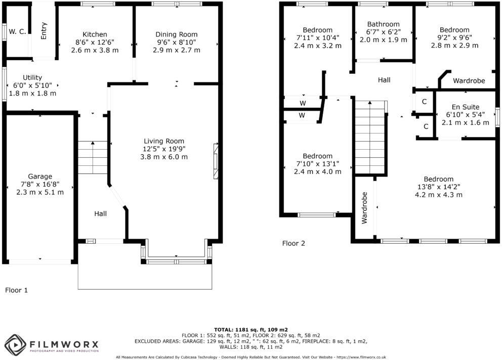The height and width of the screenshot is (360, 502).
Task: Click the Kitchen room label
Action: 95,34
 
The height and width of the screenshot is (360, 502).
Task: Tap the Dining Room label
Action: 176,34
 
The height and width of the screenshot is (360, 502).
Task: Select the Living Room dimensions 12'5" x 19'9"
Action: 164,149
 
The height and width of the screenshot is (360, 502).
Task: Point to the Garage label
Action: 40,176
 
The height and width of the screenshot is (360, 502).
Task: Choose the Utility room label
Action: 32,77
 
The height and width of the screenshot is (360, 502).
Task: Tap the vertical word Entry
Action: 44,31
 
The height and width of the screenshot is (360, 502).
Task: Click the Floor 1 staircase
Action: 93,157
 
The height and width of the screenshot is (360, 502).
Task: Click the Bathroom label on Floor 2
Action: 383,24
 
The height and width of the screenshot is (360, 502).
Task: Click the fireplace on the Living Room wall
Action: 216,161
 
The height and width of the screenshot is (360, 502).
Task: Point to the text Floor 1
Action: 17,290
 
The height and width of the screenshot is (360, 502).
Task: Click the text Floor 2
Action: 294,243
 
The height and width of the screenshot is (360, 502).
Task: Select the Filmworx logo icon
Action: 15,345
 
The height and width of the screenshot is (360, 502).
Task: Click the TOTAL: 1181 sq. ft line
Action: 250,329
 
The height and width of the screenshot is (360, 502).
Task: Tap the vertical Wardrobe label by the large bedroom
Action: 364,208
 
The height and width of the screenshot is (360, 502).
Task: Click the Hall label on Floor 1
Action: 100,214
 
